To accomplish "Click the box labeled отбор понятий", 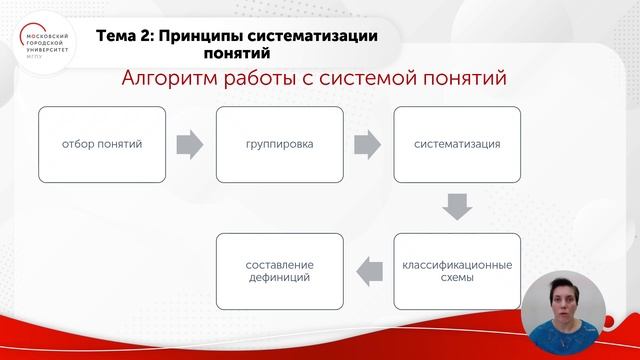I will pyautogui.click(x=103, y=144).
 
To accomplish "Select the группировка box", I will pyautogui.click(x=279, y=144).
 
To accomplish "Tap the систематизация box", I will pyautogui.click(x=457, y=144).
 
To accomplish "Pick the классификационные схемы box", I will pyautogui.click(x=457, y=272).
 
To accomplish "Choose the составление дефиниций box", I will pyautogui.click(x=279, y=272).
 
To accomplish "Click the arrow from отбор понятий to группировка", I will pyautogui.click(x=190, y=145).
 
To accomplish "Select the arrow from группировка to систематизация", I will pyautogui.click(x=369, y=145).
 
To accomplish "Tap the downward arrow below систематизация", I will pyautogui.click(x=457, y=208).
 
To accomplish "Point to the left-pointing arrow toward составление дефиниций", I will pyautogui.click(x=369, y=268).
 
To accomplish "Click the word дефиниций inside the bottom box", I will pyautogui.click(x=279, y=280).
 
